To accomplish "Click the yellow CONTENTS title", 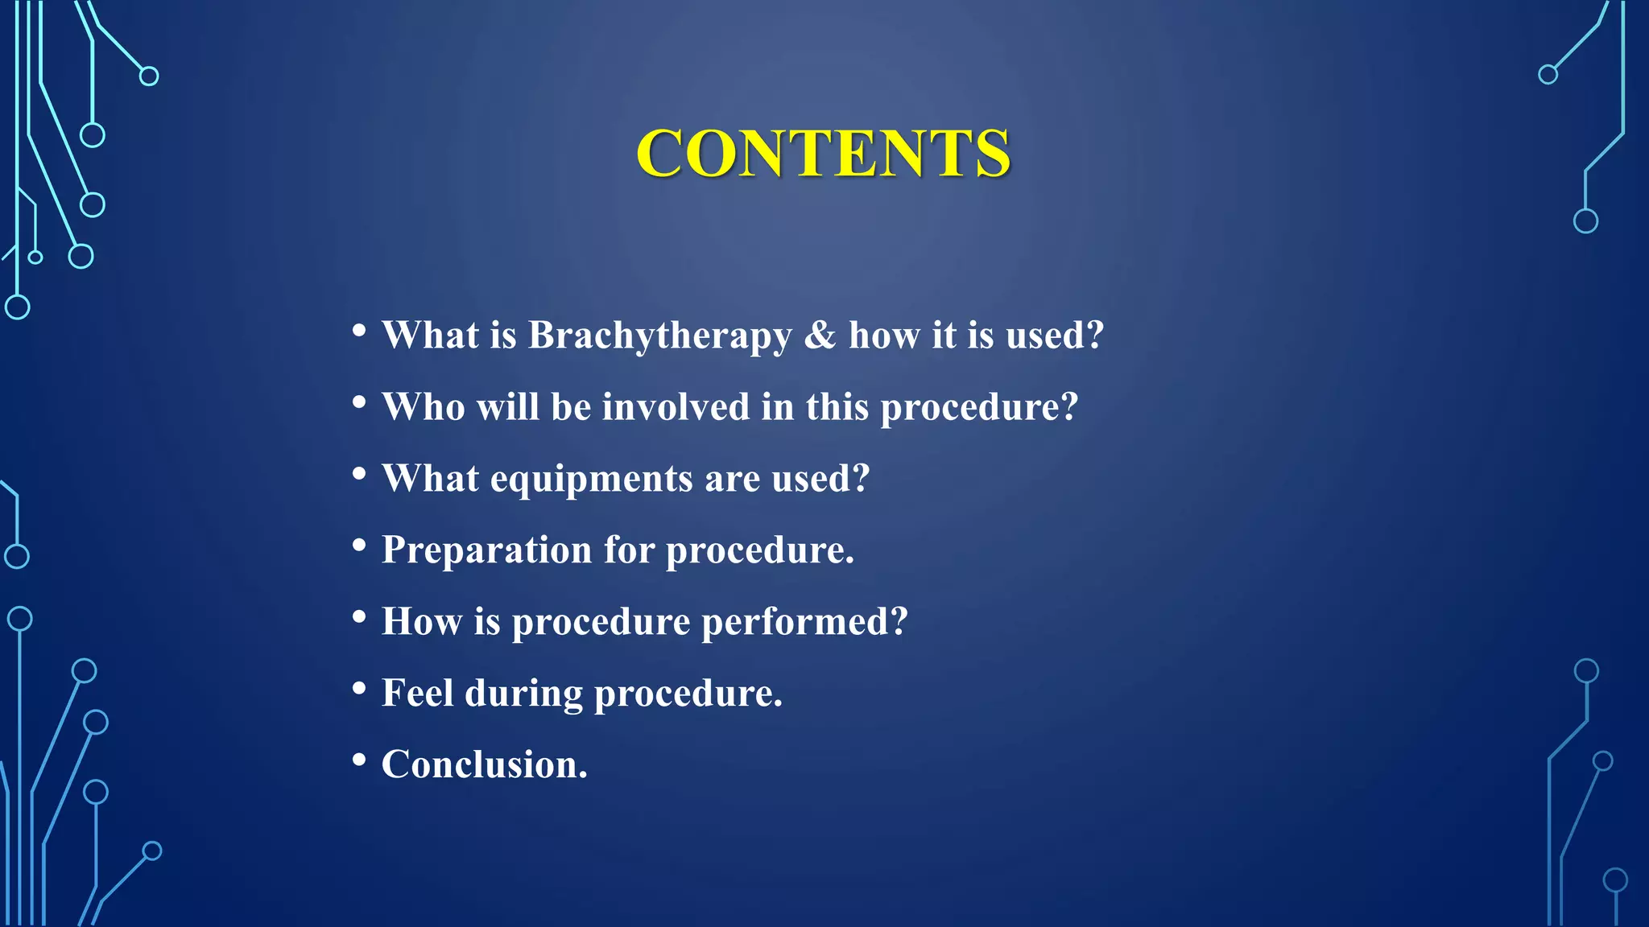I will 823,153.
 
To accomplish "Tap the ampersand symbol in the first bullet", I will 820,336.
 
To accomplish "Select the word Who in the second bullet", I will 424,406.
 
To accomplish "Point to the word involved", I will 676,406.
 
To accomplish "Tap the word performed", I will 804,622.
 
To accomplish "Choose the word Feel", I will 417,693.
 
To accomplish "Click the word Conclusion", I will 483,764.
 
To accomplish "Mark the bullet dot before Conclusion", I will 359,759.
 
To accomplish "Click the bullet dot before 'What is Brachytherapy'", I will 359,330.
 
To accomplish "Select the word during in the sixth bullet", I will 523,694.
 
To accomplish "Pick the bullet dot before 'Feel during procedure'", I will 359,688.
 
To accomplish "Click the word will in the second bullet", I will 507,406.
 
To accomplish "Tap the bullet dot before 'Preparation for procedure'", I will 359,545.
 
